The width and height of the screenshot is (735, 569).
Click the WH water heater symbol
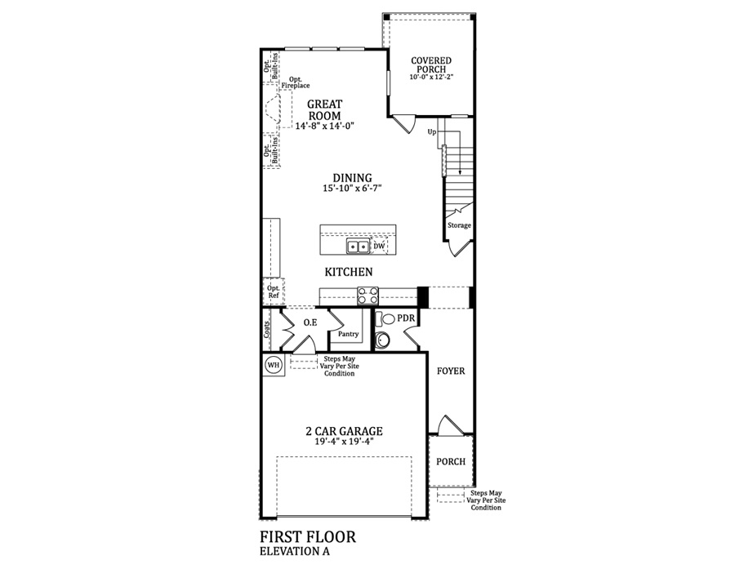(x=274, y=364)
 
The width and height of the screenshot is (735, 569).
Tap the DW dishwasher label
(x=379, y=246)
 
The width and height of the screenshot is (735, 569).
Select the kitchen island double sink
(x=358, y=246)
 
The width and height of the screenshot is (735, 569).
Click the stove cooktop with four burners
(x=367, y=296)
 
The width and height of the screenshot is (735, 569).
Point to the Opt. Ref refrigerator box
(x=274, y=291)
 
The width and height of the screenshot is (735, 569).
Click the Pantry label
(x=348, y=334)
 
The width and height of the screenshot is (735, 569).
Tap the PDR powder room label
(x=406, y=318)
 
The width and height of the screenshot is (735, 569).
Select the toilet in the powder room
(x=386, y=318)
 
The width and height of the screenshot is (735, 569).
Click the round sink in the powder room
(x=383, y=340)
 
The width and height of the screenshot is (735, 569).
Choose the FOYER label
(x=451, y=371)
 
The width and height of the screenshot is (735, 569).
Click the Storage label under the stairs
(x=459, y=225)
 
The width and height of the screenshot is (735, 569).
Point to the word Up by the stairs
(x=432, y=132)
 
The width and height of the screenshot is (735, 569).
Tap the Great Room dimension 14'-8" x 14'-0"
(x=324, y=126)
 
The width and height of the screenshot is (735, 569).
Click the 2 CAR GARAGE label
(x=345, y=431)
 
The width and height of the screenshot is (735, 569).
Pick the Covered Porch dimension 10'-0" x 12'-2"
(x=431, y=78)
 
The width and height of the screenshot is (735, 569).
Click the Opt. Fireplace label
(x=296, y=82)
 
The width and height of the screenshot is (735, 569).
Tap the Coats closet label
(x=267, y=330)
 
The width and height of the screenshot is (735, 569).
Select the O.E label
(x=310, y=322)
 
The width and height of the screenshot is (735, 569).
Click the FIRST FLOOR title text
(x=308, y=536)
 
